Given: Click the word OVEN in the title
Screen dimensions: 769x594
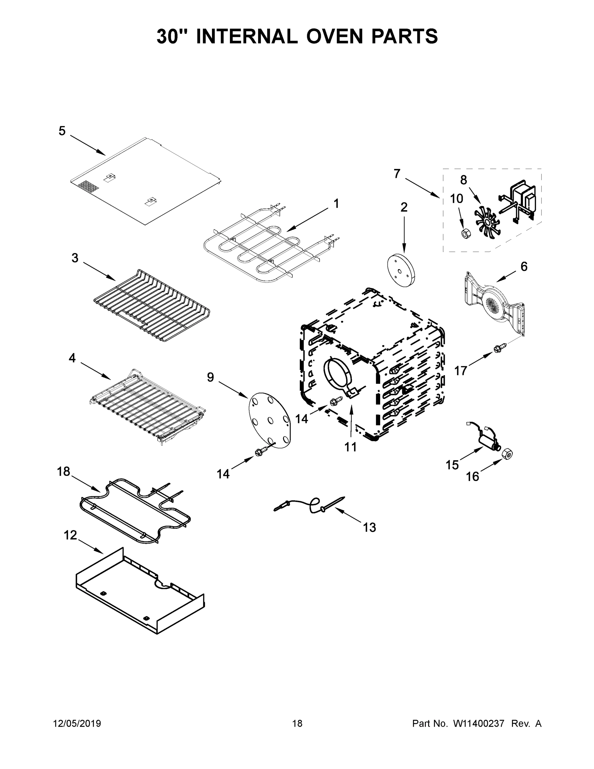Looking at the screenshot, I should (334, 37).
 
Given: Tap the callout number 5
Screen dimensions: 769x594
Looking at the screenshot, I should (62, 131).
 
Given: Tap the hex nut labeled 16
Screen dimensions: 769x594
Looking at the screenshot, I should (507, 454).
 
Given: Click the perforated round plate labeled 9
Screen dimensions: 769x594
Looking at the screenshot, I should (270, 420).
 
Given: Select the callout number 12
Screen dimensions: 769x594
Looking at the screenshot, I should (70, 535).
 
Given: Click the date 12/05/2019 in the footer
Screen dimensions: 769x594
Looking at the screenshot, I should (77, 724).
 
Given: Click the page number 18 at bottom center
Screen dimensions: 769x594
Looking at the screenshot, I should (297, 724).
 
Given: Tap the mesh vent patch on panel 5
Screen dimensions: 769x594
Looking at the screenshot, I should (86, 186).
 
